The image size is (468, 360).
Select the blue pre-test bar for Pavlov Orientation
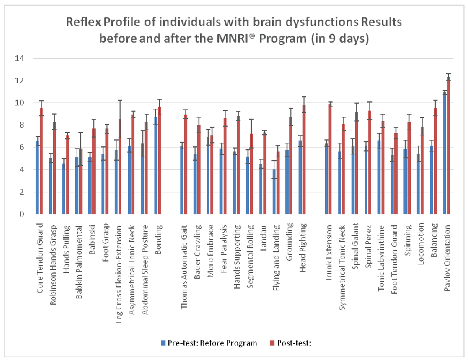point(444,153)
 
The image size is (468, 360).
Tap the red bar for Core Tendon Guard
point(41,161)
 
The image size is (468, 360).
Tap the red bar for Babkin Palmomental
point(81,181)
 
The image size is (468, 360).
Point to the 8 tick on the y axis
point(21,125)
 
